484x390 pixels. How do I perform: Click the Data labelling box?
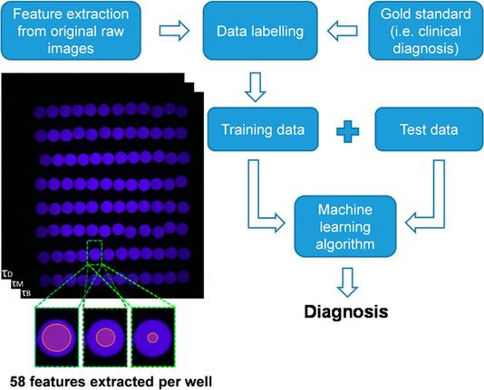pos(260,31)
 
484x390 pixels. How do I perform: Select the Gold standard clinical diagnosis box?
pos(426,31)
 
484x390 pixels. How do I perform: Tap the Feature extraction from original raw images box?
pos(71,31)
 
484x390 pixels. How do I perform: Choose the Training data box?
pos(263,129)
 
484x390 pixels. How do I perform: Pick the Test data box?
pos(429,129)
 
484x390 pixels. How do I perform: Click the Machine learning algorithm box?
pos(345,226)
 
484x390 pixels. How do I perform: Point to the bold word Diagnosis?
pos(346,311)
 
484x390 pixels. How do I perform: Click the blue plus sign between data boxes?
pos(347,131)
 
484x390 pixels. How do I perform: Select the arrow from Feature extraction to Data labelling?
pos(174,31)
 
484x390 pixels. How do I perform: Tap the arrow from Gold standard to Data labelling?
pos(343,31)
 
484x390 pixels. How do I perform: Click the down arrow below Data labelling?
pos(256,87)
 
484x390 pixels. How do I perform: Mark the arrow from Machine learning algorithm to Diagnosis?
pos(347,282)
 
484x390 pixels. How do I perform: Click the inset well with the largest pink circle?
pos(57,338)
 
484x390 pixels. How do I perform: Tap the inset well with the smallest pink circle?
pos(153,338)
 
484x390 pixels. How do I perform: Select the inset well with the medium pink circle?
pos(105,338)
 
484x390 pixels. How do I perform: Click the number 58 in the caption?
pos(17,382)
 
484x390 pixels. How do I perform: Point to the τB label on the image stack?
pos(26,293)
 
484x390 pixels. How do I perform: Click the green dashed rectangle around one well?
pos(87,252)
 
